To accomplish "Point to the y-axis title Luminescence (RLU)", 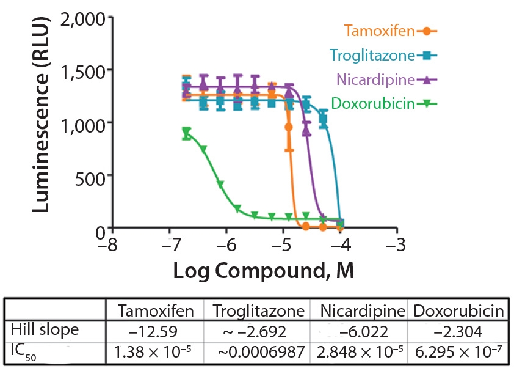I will click(41, 122).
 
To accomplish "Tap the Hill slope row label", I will click(45, 330).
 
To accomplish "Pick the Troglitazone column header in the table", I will click(258, 311).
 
